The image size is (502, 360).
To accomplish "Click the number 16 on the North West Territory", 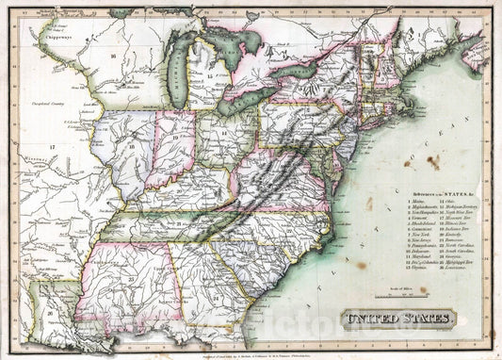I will (112, 57).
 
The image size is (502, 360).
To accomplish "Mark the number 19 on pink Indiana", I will (175, 137).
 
